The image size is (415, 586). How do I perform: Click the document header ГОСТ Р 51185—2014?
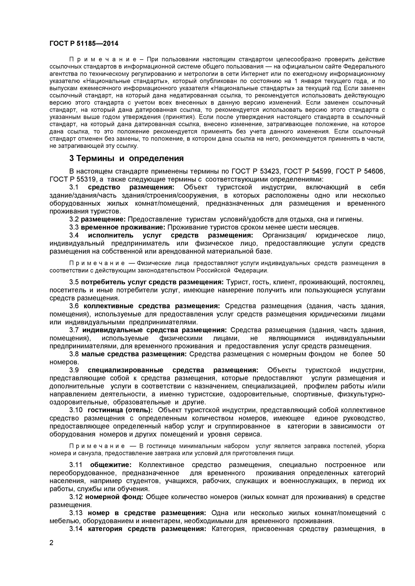coord(84,44)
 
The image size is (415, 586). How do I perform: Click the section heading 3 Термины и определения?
coord(127,158)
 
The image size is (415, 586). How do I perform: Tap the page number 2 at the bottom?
coord(52,549)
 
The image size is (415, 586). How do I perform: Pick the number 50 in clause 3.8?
coord(381,354)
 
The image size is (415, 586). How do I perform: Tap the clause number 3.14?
coord(76,529)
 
